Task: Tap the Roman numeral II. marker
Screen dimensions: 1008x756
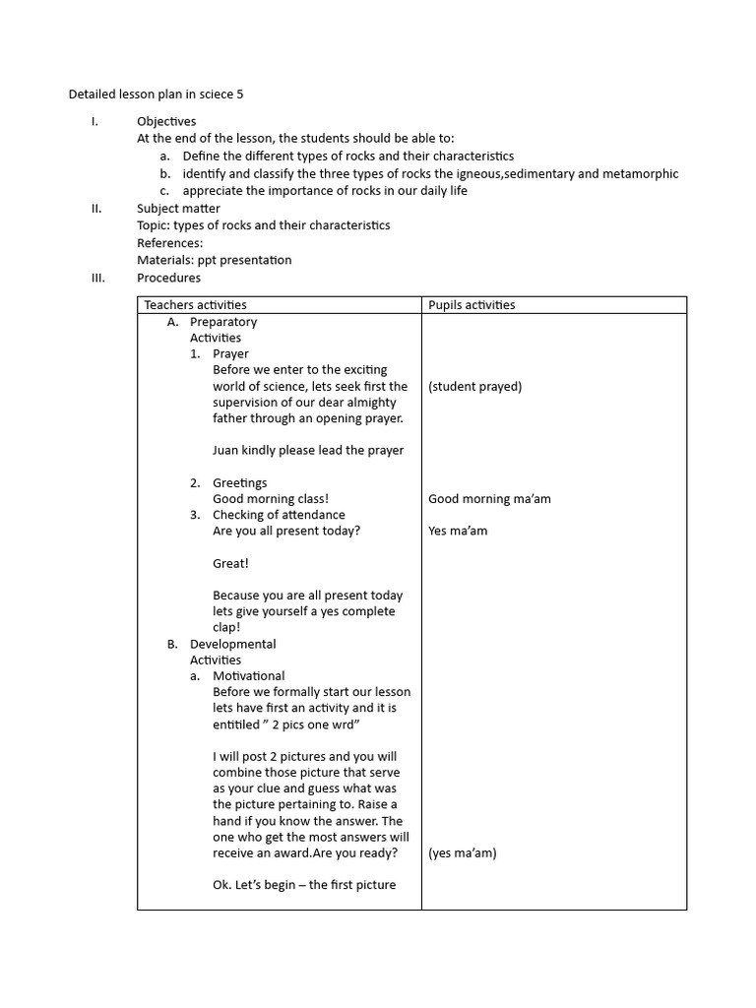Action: point(95,209)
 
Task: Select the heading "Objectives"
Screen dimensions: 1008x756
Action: point(166,121)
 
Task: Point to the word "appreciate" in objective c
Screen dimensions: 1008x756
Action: point(214,191)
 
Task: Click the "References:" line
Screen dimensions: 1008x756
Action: point(170,243)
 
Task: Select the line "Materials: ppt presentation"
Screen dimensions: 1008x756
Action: point(214,260)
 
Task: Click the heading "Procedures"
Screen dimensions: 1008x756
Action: point(168,278)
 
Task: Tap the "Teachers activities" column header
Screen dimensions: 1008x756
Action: point(195,305)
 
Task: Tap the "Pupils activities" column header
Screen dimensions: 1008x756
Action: point(472,305)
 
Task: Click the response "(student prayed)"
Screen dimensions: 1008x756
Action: point(475,387)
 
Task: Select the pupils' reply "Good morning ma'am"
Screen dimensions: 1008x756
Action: point(489,499)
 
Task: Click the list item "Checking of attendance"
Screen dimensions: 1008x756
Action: point(279,515)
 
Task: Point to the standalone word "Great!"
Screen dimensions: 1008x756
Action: point(230,563)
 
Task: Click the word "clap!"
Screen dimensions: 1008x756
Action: point(226,627)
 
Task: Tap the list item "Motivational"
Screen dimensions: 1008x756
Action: point(248,676)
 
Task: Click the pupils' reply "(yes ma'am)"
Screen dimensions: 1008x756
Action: point(462,853)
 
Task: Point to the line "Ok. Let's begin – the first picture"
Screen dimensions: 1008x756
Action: point(304,885)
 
